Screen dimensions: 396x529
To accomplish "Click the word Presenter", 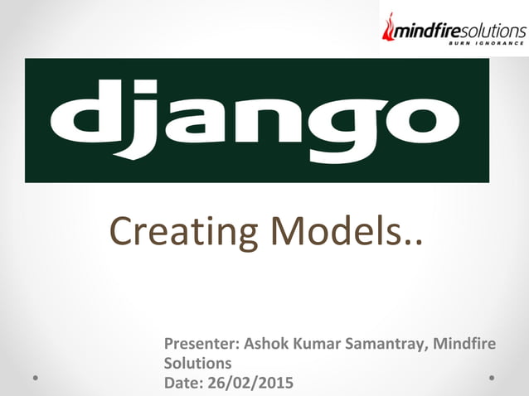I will pyautogui.click(x=198, y=344).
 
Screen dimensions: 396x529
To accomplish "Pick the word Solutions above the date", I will pyautogui.click(x=197, y=363).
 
